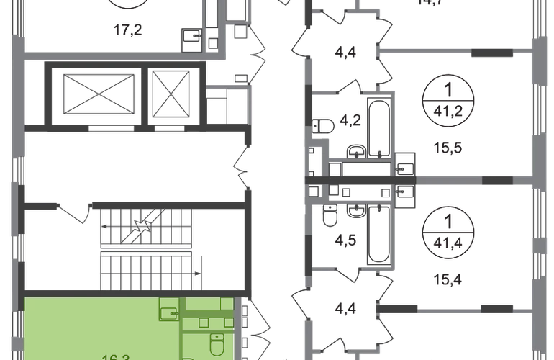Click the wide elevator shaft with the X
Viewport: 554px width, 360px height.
91,94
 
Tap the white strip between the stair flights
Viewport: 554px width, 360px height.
147,249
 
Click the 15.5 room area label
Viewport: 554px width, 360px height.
446,148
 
